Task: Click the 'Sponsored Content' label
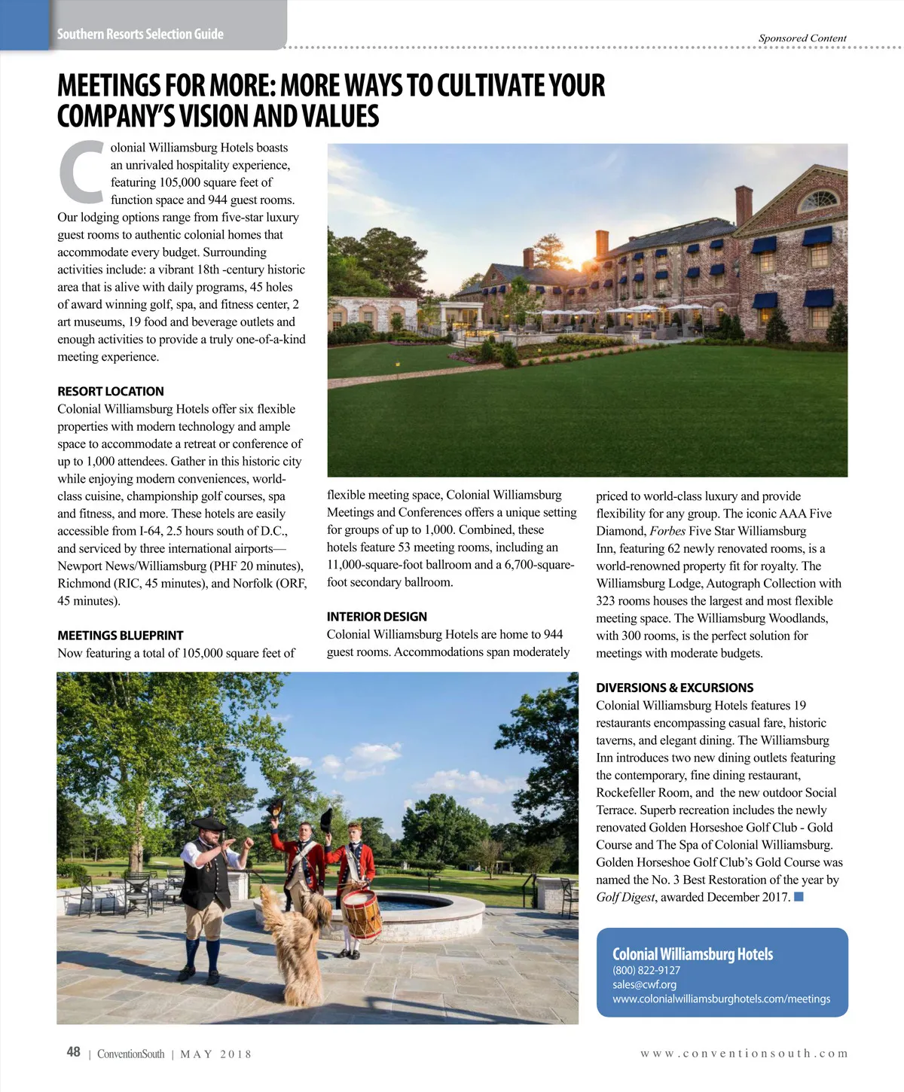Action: coord(802,38)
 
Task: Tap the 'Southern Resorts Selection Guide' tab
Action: coord(140,34)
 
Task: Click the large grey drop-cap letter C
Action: coord(81,172)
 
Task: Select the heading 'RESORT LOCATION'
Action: coord(111,391)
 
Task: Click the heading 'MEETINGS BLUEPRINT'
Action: coord(121,635)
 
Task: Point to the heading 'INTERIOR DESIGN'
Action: coord(377,616)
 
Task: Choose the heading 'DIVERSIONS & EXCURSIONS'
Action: coord(674,688)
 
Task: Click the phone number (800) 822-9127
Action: coord(646,970)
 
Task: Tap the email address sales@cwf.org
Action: coord(644,984)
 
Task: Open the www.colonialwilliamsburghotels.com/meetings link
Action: coord(721,999)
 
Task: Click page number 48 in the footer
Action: coord(73,1052)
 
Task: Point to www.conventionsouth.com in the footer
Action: coord(744,1054)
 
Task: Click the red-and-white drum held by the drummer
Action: coord(361,914)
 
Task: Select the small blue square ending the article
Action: coord(799,896)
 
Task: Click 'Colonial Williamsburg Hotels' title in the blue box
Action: coord(692,954)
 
